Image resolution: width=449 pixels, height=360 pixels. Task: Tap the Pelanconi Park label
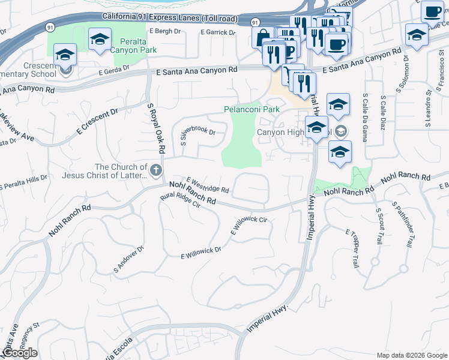click(x=252, y=110)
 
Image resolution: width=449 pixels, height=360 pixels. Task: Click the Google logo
click(x=20, y=353)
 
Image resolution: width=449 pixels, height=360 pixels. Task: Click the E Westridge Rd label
click(x=208, y=185)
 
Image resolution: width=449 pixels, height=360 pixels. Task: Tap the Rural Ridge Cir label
click(x=180, y=200)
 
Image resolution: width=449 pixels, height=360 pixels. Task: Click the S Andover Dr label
click(x=129, y=259)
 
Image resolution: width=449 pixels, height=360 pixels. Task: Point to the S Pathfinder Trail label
click(x=402, y=224)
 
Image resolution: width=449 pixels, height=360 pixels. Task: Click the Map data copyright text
click(x=411, y=355)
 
